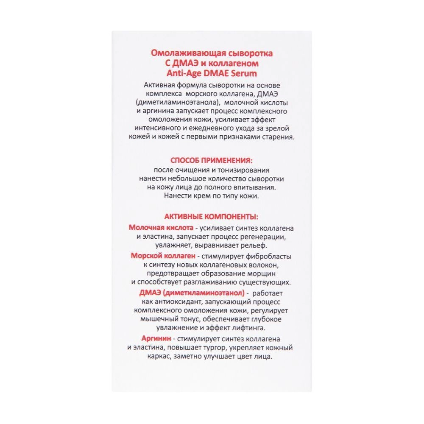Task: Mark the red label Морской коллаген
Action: point(163,256)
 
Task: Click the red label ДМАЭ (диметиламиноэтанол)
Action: point(192,293)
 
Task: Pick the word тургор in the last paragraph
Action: point(209,348)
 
